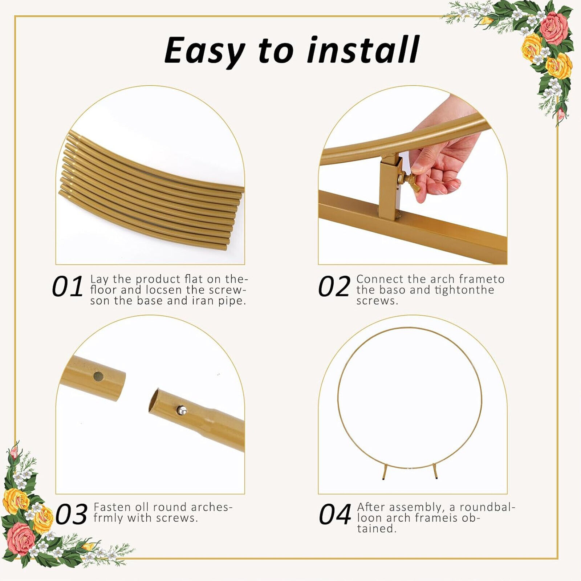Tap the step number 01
[68, 287]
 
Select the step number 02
[334, 287]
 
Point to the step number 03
[72, 515]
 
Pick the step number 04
[335, 515]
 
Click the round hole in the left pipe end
[97, 376]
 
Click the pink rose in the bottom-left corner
[21, 538]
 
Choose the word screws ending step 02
[377, 301]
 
